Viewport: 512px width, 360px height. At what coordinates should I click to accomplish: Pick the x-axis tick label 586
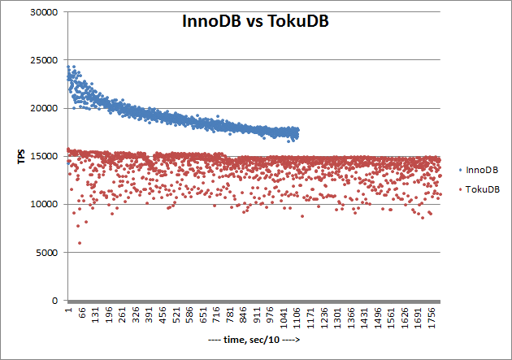click(189, 315)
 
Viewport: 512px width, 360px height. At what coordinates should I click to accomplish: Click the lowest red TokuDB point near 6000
click(80, 242)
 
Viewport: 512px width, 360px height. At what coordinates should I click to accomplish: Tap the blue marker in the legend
click(462, 171)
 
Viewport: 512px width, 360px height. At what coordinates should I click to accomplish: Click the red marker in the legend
click(462, 189)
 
